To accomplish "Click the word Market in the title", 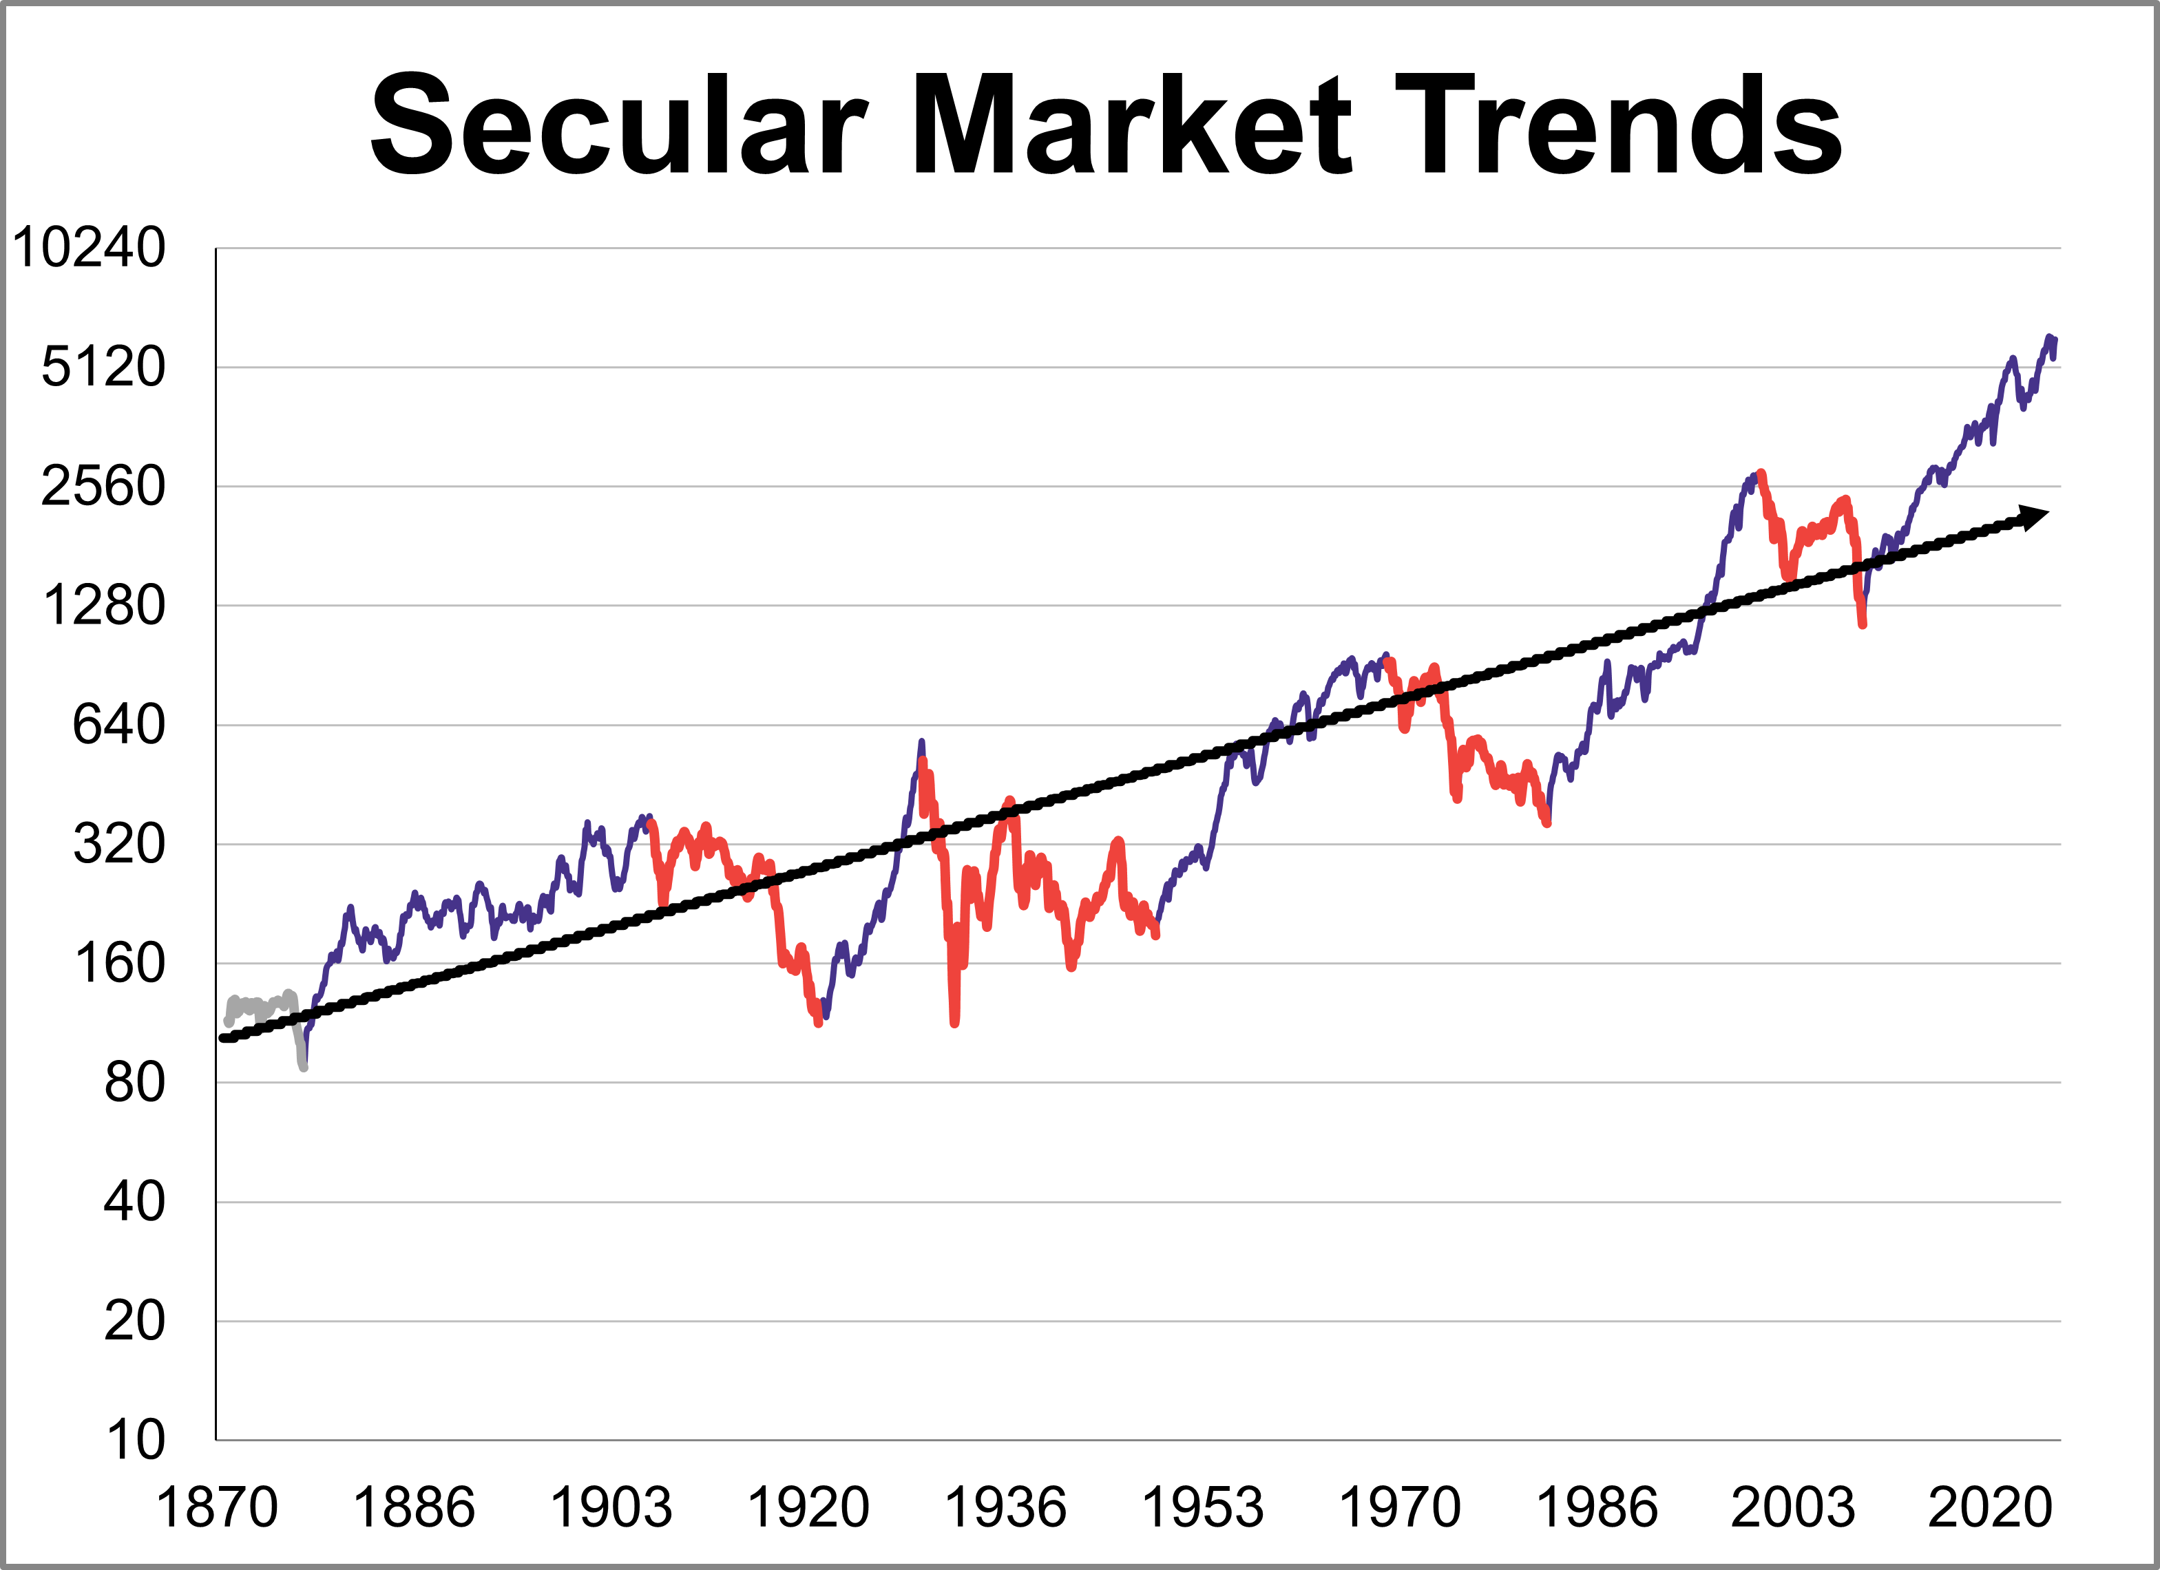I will tap(1131, 126).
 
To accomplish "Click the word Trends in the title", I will tap(1619, 126).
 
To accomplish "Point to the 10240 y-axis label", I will tap(89, 248).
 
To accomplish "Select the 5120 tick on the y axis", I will tap(103, 367).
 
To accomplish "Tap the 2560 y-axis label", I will tap(103, 487).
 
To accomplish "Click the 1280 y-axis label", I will tap(103, 606).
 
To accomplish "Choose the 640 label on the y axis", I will tap(118, 725).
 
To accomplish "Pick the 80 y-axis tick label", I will tap(134, 1083).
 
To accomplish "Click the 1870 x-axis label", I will tap(216, 1508).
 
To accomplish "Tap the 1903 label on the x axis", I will tap(611, 1508).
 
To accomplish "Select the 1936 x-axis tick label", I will tap(1005, 1508).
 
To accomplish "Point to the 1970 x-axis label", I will tap(1399, 1508).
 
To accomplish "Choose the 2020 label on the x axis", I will tap(1989, 1508).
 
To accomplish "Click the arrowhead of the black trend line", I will tap(2035, 517).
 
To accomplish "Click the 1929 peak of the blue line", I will tap(921, 742).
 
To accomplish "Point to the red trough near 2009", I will tap(1862, 624).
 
